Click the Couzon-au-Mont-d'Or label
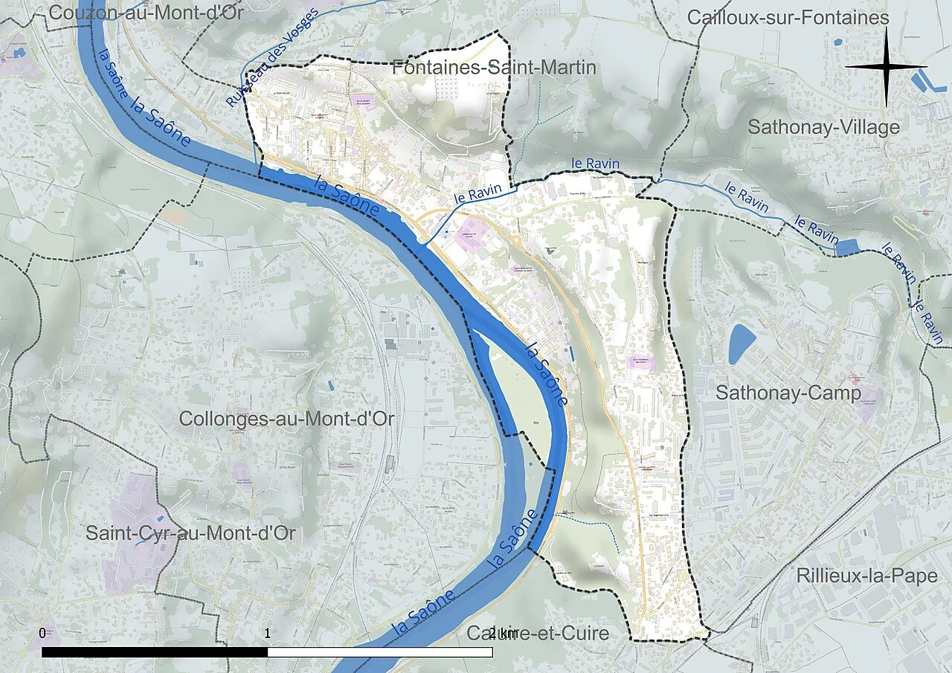(148, 13)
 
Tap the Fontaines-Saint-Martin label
(494, 68)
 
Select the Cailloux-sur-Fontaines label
(788, 17)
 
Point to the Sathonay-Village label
(823, 127)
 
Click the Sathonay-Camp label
(788, 393)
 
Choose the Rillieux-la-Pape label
(866, 576)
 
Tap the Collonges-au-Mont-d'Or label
(286, 419)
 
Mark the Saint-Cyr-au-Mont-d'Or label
(190, 533)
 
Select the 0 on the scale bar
(42, 634)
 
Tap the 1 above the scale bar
(268, 634)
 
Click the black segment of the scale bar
(155, 652)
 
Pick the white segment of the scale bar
(379, 652)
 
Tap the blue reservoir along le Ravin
(847, 248)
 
